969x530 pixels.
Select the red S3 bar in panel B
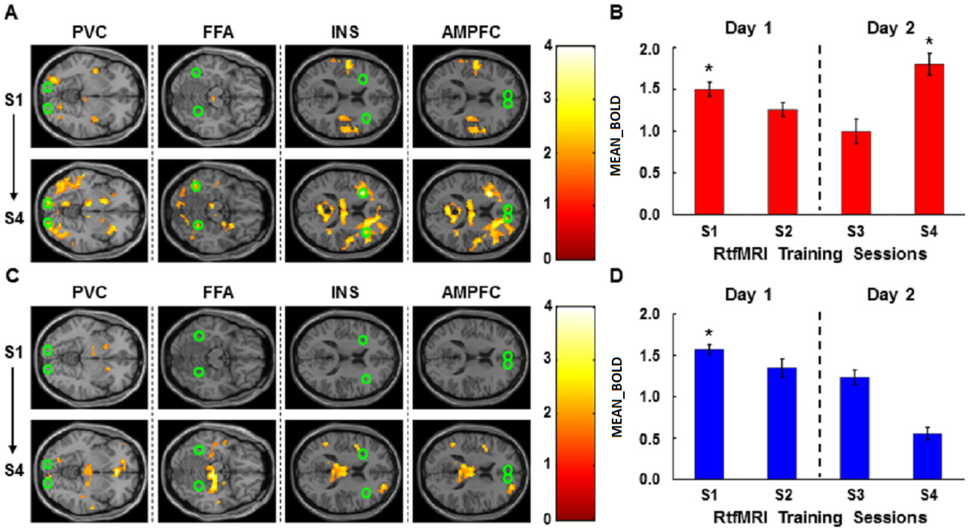pyautogui.click(x=856, y=173)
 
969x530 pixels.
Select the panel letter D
pyautogui.click(x=616, y=276)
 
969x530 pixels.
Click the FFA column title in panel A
pyautogui.click(x=218, y=32)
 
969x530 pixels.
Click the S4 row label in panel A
pyautogui.click(x=14, y=218)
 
